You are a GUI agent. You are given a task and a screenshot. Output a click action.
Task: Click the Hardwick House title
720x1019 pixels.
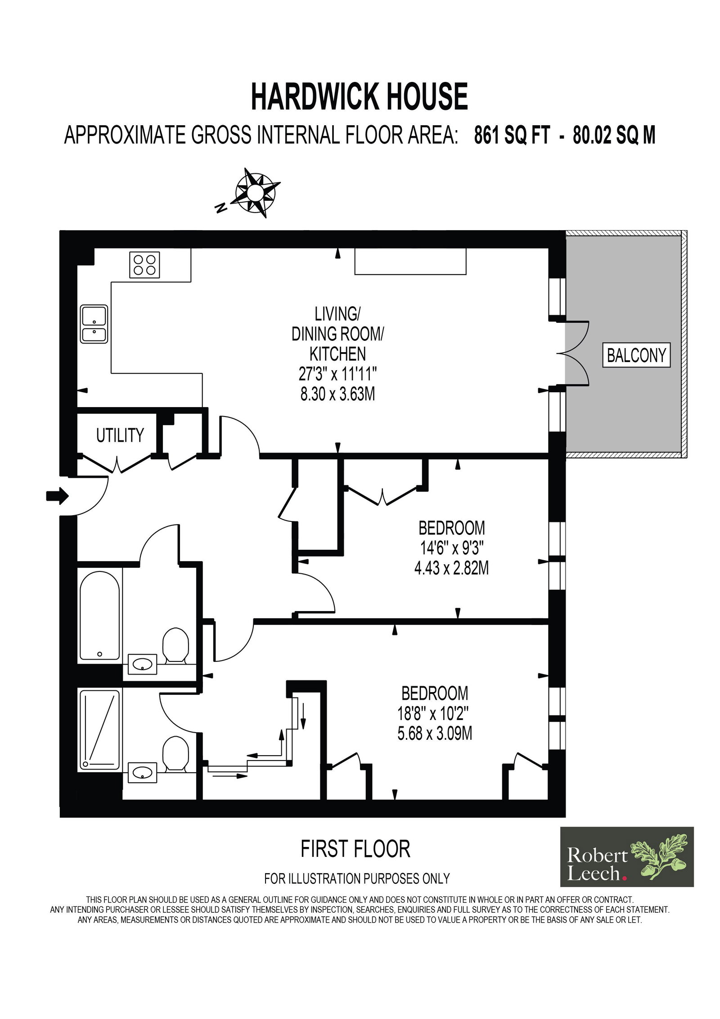tap(359, 96)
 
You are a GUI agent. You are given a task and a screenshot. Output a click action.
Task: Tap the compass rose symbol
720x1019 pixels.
tap(254, 193)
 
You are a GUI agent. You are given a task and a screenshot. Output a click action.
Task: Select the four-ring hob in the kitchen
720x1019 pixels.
tap(145, 264)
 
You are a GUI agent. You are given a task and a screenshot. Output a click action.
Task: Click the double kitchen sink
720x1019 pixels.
tap(94, 324)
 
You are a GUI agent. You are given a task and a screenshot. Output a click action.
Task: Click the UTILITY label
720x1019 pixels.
tap(120, 435)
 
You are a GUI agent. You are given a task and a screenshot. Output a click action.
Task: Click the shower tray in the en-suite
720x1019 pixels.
tap(100, 730)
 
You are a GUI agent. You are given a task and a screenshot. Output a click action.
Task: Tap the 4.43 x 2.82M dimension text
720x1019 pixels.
tap(451, 569)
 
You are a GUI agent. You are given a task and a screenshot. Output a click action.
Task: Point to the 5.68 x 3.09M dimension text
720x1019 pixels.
tap(435, 735)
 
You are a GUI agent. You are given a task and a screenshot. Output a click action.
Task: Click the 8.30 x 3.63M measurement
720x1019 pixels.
tap(337, 394)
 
